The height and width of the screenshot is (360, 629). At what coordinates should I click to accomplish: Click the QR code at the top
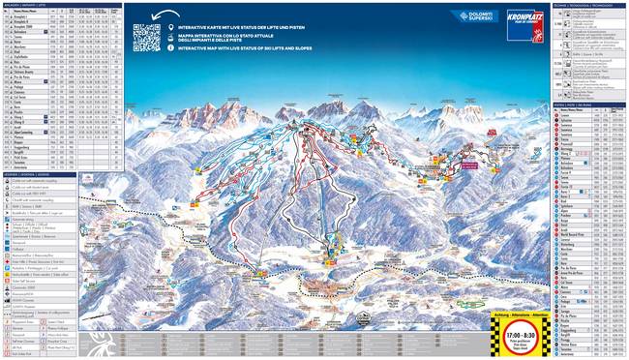pyautogui.click(x=147, y=36)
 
